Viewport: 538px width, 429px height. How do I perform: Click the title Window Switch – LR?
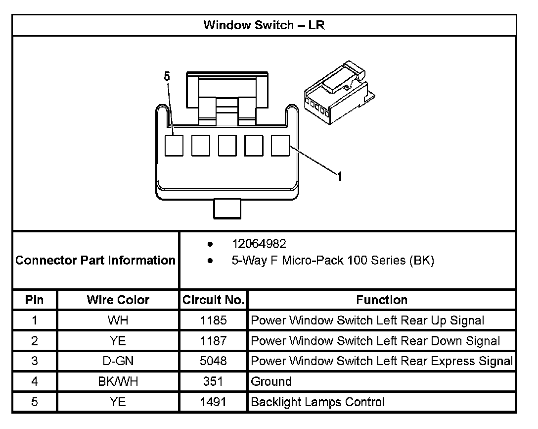[x=264, y=25]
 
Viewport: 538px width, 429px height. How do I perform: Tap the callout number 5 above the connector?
[x=167, y=76]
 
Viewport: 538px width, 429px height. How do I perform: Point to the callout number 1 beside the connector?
[x=340, y=176]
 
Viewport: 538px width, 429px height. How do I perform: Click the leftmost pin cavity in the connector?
[x=174, y=145]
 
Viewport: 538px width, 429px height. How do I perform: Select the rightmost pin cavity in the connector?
[x=281, y=145]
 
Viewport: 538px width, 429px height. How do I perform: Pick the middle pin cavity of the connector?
[x=227, y=145]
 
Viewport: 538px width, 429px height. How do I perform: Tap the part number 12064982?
[x=259, y=244]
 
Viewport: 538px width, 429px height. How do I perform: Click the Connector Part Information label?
[x=95, y=260]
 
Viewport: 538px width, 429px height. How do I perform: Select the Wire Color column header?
[x=118, y=300]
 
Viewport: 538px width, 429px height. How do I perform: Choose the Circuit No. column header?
[x=213, y=300]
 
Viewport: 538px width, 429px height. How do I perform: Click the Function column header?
[x=382, y=300]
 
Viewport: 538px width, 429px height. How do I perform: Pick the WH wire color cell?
[x=118, y=321]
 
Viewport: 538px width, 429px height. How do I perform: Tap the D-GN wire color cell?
[x=118, y=361]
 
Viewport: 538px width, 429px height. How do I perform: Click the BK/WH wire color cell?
[x=118, y=381]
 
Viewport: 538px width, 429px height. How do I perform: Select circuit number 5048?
[x=213, y=361]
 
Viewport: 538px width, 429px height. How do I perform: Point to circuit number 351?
[x=213, y=381]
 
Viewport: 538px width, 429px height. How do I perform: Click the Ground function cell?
[x=271, y=381]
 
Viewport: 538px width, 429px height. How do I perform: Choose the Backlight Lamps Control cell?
[x=317, y=402]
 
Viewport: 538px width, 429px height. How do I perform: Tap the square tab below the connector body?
[x=227, y=208]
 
